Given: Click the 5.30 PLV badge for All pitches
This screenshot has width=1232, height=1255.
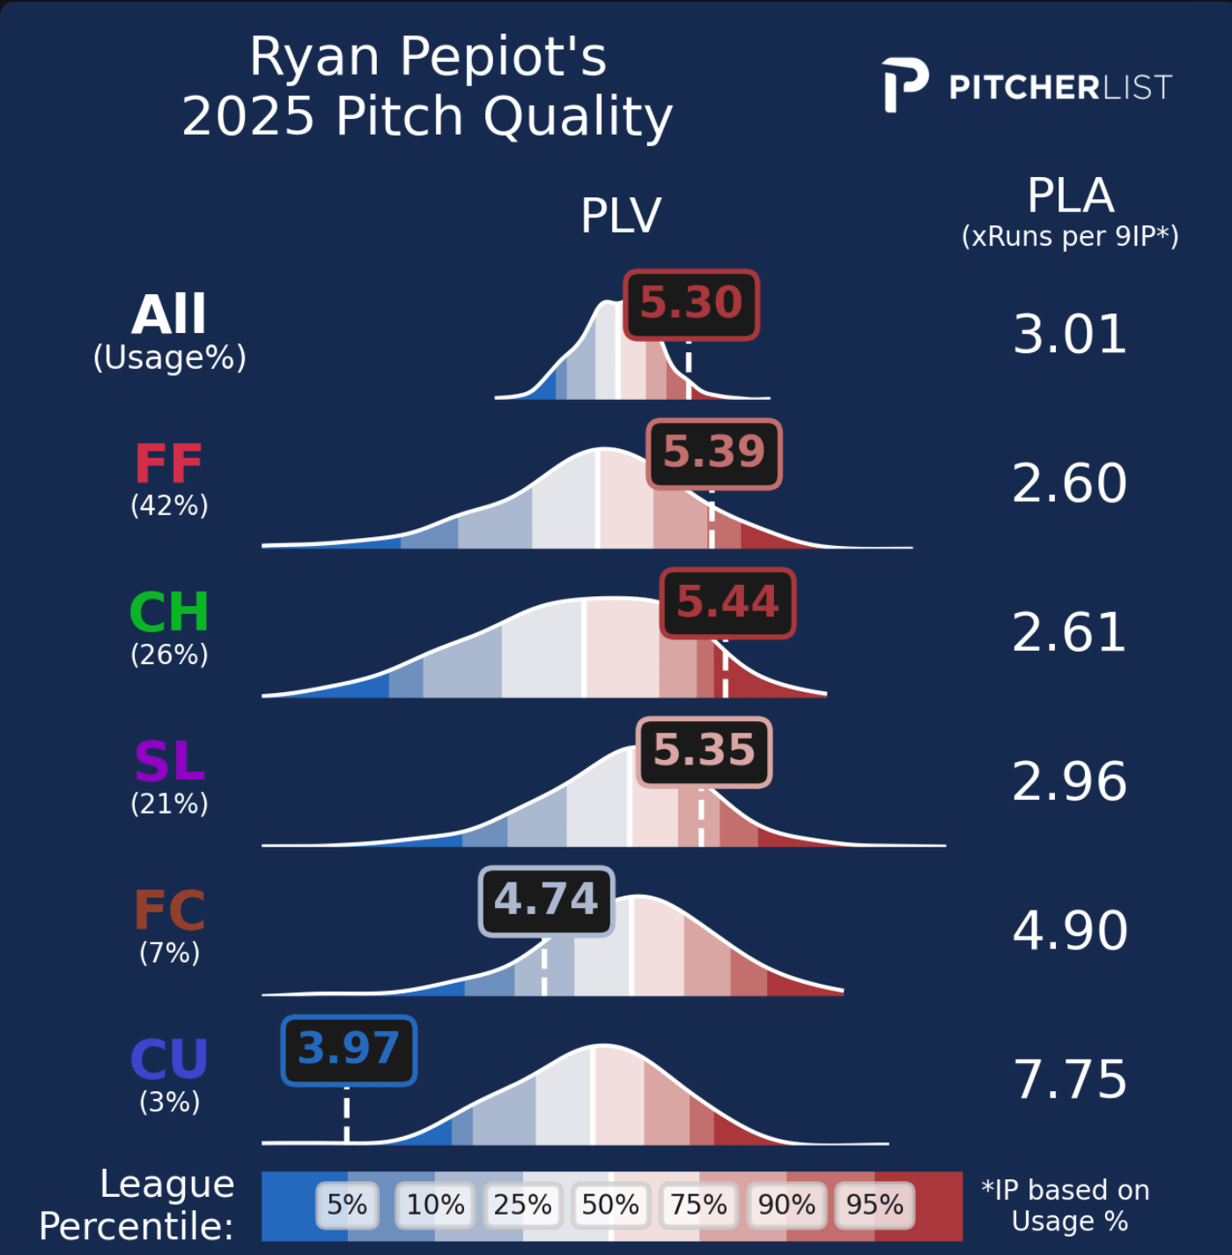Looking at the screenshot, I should click(691, 304).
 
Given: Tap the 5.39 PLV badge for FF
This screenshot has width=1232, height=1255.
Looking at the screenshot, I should click(714, 453).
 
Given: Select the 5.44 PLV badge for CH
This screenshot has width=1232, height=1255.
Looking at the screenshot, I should click(727, 602).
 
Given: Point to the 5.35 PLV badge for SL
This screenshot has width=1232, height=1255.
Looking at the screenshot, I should click(704, 751).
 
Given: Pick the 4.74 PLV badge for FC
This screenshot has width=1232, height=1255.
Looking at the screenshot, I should click(546, 900).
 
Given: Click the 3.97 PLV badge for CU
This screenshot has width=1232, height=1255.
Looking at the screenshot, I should click(349, 1050).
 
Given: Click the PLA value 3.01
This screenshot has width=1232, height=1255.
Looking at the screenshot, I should click(1069, 335).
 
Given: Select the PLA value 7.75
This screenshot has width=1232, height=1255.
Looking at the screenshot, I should click(1069, 1080).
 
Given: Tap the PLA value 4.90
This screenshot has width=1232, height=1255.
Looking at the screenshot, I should click(1069, 931).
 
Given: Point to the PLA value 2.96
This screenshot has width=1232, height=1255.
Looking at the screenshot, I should click(1069, 781).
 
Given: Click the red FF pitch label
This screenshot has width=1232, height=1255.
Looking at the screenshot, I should click(168, 464).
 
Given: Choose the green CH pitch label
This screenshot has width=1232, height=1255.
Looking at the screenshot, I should click(168, 612).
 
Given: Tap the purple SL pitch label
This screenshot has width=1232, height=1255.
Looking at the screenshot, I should click(169, 762).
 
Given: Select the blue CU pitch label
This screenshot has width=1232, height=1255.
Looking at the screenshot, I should click(169, 1059).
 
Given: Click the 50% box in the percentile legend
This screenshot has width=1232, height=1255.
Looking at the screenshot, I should click(610, 1205).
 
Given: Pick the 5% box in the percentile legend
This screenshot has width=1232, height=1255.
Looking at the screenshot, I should click(347, 1205).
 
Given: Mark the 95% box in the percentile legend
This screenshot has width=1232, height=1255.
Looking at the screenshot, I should click(874, 1205).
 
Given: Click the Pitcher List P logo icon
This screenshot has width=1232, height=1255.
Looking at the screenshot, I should click(904, 85).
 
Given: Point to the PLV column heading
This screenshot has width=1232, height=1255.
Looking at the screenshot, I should click(621, 216).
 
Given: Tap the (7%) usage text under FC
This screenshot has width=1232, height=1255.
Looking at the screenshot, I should click(169, 953).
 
